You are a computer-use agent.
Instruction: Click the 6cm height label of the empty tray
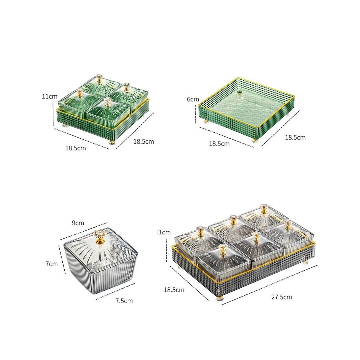tap(193, 99)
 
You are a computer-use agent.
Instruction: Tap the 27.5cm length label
tap(281, 297)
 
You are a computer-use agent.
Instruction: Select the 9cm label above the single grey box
tap(78, 223)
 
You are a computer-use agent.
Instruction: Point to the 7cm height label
tap(51, 264)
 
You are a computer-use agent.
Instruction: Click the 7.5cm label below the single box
tap(124, 301)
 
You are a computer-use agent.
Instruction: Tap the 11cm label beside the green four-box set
tap(49, 96)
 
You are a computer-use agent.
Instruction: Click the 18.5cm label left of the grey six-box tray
tap(174, 290)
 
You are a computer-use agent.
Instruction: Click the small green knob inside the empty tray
tap(240, 93)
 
